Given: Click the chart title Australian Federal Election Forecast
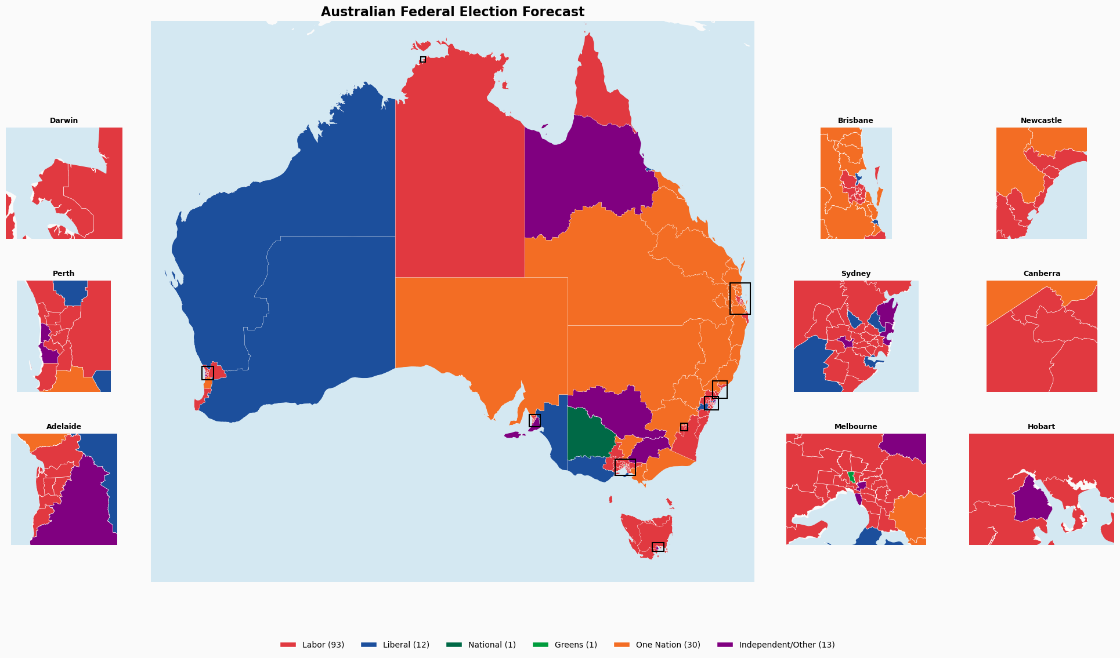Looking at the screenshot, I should pos(452,12).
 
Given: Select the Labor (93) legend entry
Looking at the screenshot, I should pos(312,645).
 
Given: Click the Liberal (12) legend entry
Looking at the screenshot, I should pos(395,645).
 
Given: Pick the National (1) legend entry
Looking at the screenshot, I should pos(480,645).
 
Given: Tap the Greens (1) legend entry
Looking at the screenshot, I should pos(565,645).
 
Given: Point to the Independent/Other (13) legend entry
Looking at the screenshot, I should pos(776,645).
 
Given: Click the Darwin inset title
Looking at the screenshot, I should pos(64,121).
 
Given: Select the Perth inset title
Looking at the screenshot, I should pos(64,274).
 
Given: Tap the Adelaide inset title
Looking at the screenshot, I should pos(64,427).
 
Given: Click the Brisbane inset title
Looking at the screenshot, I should pos(855,121).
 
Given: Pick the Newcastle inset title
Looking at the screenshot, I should pos(1041,121).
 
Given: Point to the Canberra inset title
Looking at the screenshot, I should pos(1042,274).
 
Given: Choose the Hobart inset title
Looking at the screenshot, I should pos(1041,427).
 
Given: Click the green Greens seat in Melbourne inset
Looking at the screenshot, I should pos(851,477).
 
